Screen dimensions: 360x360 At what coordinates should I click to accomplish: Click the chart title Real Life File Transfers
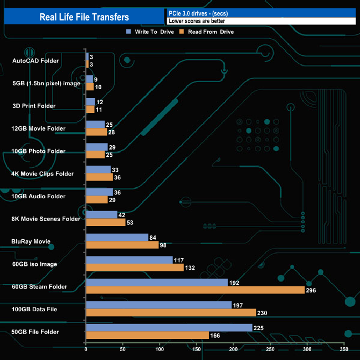point(84,17)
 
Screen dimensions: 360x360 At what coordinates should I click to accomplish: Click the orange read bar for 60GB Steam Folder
point(195,290)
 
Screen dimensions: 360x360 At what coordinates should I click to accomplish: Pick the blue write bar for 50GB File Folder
point(169,327)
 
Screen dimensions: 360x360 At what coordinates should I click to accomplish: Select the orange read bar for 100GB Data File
point(171,312)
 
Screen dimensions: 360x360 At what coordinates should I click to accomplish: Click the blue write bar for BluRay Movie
point(117,237)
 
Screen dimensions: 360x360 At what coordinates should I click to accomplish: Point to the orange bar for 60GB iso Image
point(135,268)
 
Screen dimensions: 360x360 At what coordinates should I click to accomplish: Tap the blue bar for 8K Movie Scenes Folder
point(101,214)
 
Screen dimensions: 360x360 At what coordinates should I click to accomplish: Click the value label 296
point(312,290)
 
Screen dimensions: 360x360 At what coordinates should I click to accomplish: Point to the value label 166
point(216,335)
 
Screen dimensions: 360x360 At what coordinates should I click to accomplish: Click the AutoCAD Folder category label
point(35,60)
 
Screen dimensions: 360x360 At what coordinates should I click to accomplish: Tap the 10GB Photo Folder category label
point(38,151)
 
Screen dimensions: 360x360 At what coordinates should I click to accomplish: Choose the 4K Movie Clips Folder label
point(42,173)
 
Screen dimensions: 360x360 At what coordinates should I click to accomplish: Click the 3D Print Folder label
point(34,106)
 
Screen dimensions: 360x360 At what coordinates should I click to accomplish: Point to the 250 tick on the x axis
point(270,349)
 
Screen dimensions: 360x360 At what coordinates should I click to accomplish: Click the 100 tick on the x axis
point(160,349)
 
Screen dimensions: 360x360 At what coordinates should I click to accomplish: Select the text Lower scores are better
point(197,21)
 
